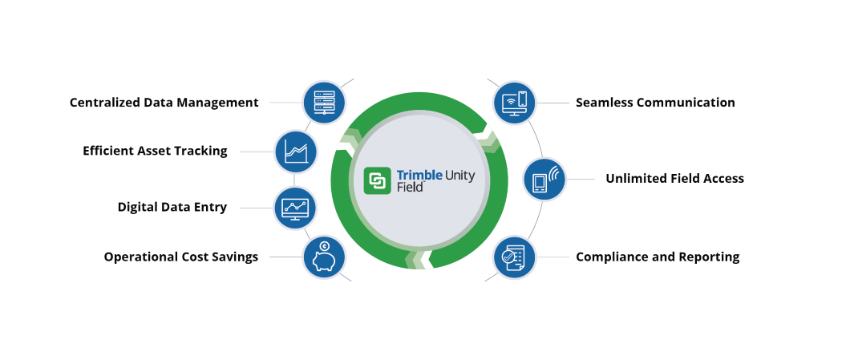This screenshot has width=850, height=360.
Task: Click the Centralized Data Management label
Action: click(164, 103)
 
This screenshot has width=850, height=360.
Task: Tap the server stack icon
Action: click(324, 102)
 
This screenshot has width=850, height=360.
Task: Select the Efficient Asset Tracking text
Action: click(155, 151)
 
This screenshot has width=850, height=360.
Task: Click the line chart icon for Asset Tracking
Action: click(296, 152)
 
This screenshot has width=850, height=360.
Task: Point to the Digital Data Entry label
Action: click(172, 207)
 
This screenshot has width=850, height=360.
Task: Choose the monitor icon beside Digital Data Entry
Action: click(295, 208)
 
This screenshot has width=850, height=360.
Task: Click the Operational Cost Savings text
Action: click(180, 257)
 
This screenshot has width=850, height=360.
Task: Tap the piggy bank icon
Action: click(324, 257)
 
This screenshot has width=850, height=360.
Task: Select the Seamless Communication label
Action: click(654, 103)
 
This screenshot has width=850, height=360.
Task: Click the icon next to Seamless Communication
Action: click(513, 102)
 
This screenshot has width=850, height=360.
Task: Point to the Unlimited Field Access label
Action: click(674, 179)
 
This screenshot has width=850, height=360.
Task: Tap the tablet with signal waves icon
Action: click(544, 179)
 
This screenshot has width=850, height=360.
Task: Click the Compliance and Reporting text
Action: click(657, 257)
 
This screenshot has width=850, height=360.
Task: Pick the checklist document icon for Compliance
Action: click(513, 257)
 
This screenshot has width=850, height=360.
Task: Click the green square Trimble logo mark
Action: click(377, 180)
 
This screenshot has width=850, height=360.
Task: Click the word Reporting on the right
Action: click(708, 257)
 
